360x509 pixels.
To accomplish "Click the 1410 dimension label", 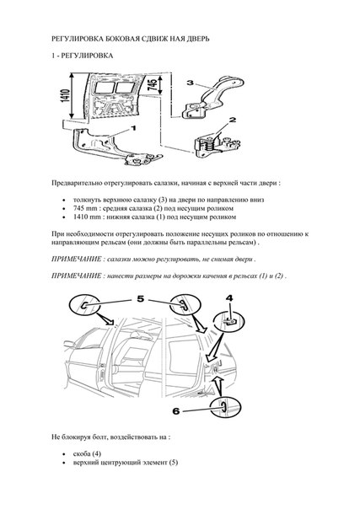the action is point(66,96).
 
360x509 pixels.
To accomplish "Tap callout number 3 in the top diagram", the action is point(191,83).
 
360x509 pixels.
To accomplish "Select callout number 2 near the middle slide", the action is point(233,120).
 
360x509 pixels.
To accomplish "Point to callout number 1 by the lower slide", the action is point(133,128).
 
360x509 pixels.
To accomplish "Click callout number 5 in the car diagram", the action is point(140,298).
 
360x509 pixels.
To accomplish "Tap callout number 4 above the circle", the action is point(229,297).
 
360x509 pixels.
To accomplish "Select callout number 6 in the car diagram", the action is point(176,411).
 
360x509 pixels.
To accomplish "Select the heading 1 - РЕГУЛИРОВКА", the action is point(82,56).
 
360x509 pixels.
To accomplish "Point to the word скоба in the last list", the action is point(82,454).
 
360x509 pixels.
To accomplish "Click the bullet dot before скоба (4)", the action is point(64,454).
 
